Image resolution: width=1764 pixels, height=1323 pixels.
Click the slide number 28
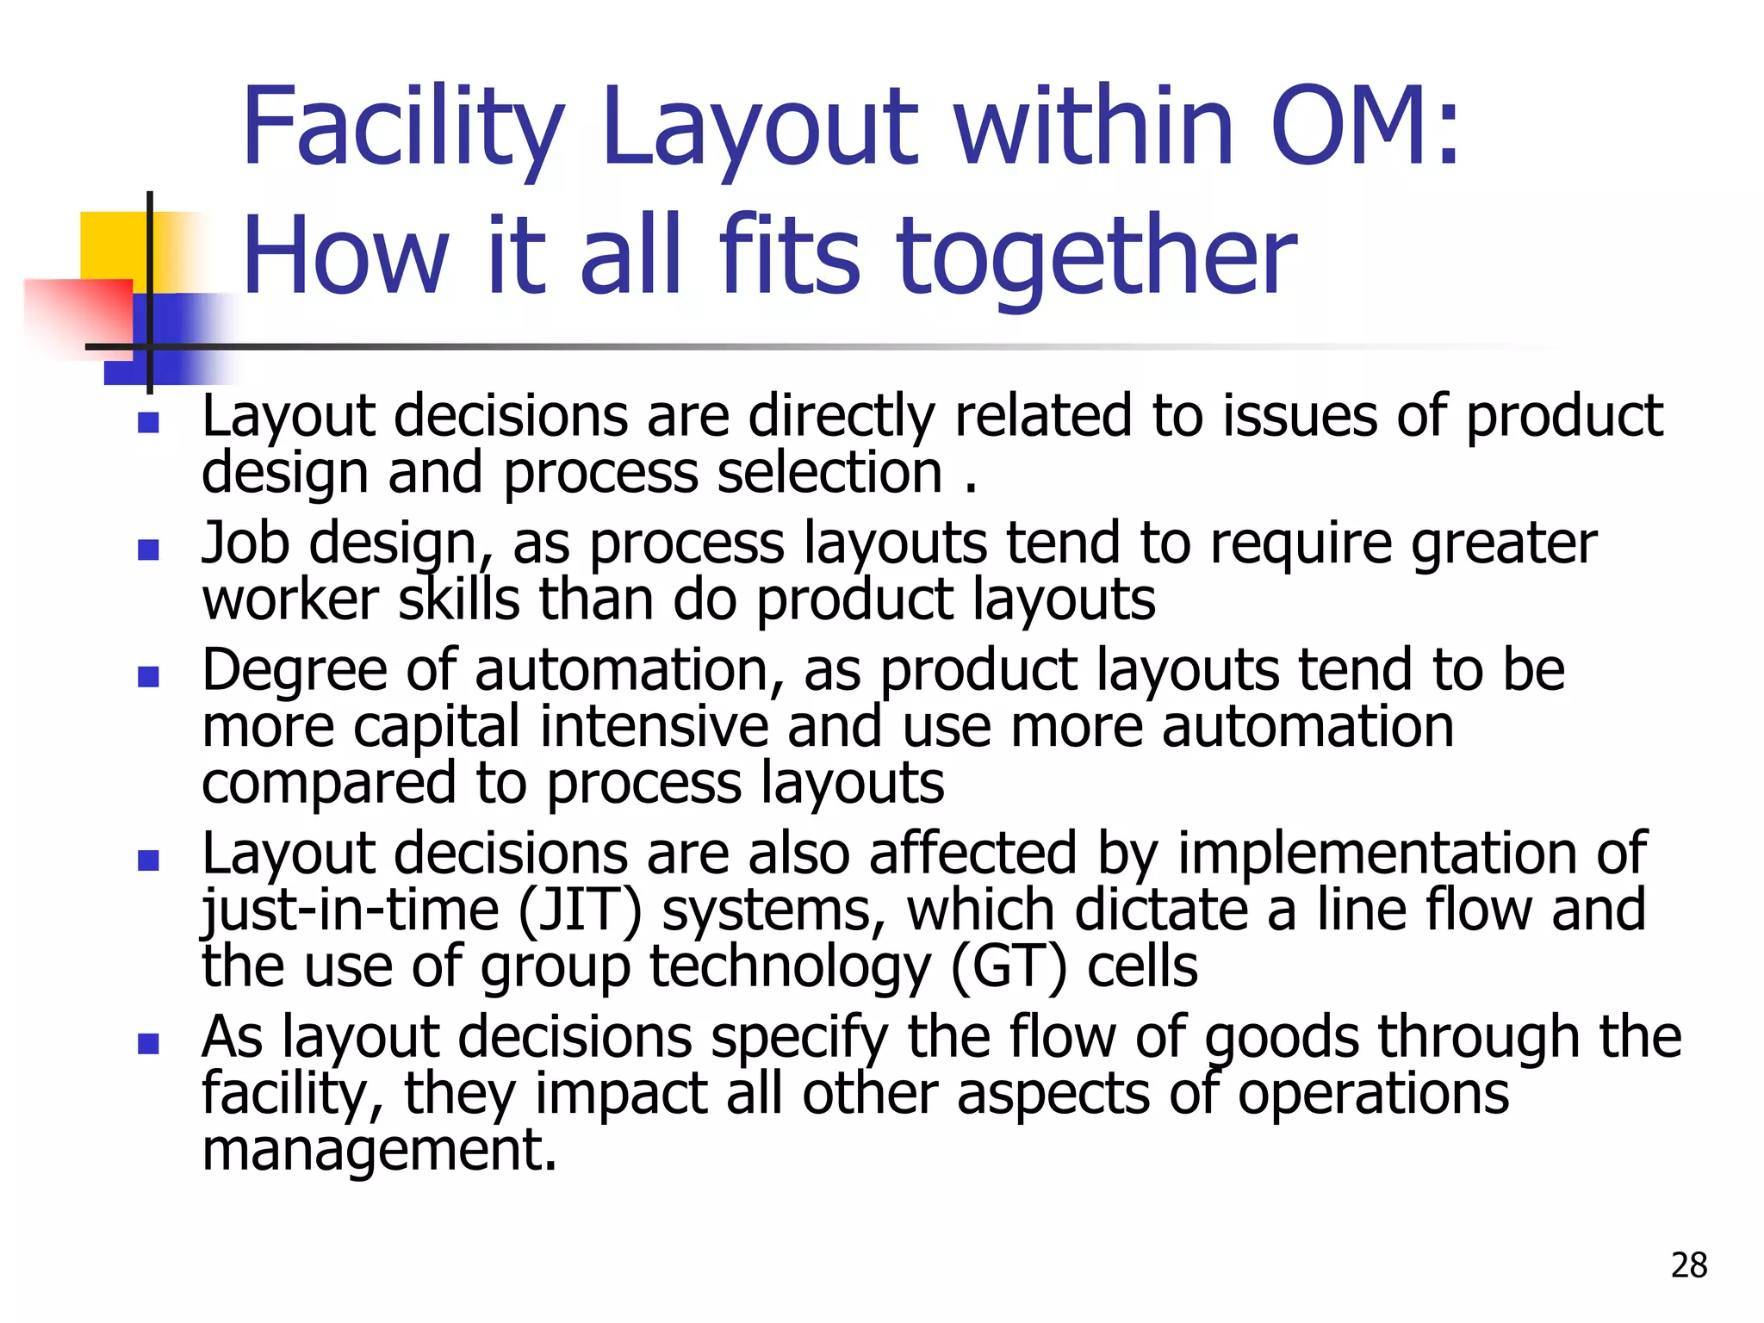(x=1688, y=1264)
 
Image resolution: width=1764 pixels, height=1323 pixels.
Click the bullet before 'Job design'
(x=148, y=550)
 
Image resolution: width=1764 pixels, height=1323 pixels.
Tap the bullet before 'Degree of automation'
(x=148, y=676)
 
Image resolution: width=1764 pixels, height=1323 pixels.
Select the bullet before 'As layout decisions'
(x=148, y=1043)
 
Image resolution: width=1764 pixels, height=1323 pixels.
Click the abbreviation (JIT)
(x=581, y=911)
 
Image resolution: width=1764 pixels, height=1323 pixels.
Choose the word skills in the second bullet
(x=459, y=600)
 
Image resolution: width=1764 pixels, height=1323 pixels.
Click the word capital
(x=437, y=727)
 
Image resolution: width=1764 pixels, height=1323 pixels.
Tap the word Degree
(x=294, y=671)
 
